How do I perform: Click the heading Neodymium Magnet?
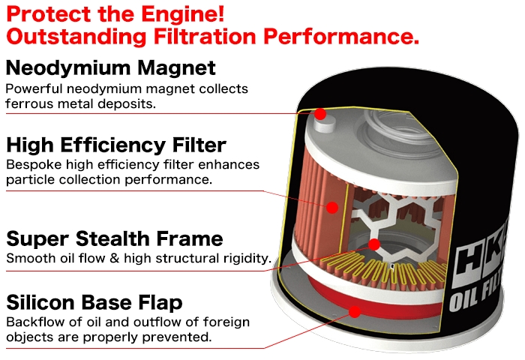coord(110,68)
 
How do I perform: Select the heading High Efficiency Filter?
coord(115,144)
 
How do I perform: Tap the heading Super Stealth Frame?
coord(114,238)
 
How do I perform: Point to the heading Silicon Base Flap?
coord(94,302)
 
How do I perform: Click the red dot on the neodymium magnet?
coord(320,114)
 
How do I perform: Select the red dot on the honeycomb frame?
coord(375,244)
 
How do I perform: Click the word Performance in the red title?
coord(355,36)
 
